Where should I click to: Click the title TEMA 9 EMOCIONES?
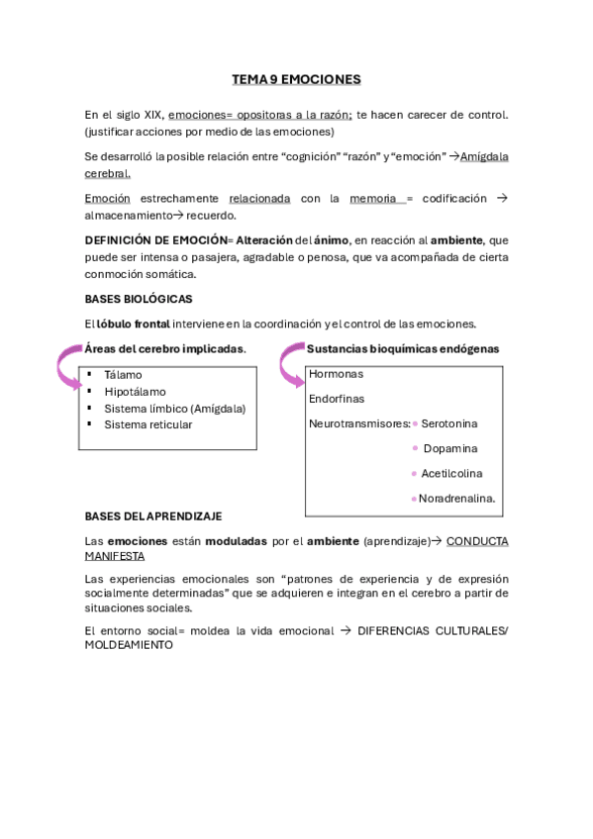[296, 78]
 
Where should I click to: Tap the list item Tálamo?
[123, 375]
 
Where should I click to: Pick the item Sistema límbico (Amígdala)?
[174, 408]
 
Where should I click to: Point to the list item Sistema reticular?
[148, 424]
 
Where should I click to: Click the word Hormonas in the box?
[336, 374]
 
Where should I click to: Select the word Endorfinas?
[337, 399]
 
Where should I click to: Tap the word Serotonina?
[449, 423]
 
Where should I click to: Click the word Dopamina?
[449, 448]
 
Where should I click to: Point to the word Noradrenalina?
[456, 498]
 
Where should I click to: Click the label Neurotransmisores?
[359, 423]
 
